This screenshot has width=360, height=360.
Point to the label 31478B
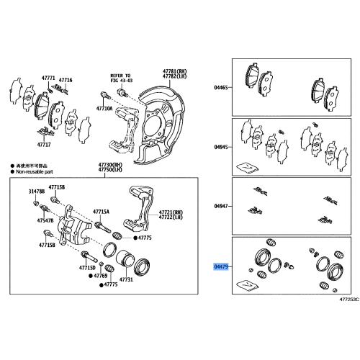click(x=37, y=192)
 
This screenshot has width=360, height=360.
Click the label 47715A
click(x=100, y=212)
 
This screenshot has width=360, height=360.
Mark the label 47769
click(x=102, y=276)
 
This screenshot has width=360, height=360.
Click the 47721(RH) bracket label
click(x=170, y=212)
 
